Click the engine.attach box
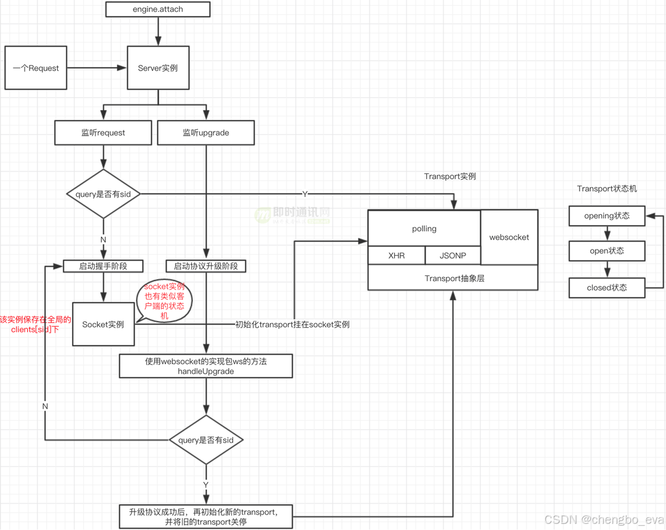158,9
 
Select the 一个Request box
36,68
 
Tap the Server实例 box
158,68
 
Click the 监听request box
103,133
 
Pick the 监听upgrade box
206,133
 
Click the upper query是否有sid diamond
103,194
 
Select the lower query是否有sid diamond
206,440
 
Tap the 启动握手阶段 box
103,266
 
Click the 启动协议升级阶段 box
206,266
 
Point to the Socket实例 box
103,324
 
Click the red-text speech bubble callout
164,301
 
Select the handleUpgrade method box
206,366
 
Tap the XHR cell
397,255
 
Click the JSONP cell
453,255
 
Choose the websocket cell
509,237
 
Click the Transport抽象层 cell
454,279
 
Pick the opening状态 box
607,216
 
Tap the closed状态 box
607,288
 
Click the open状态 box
607,251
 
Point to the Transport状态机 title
607,189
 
